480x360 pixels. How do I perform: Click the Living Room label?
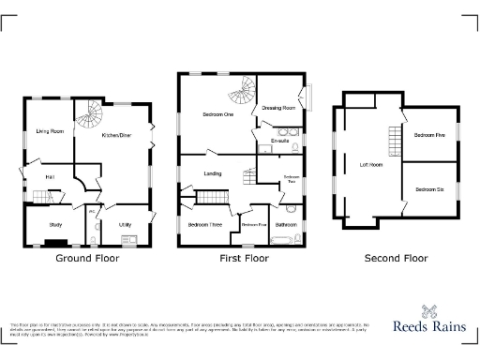click(50, 131)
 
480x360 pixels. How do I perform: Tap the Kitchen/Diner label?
click(117, 135)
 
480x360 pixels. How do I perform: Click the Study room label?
click(55, 224)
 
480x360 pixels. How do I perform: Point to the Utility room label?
click(125, 224)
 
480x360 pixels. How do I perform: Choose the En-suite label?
click(279, 141)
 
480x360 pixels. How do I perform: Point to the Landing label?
click(213, 173)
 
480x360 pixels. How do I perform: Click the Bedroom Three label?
click(204, 225)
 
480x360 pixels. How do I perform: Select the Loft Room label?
click(371, 165)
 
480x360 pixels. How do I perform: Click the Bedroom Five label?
click(427, 136)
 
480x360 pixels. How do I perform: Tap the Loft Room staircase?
click(393, 142)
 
